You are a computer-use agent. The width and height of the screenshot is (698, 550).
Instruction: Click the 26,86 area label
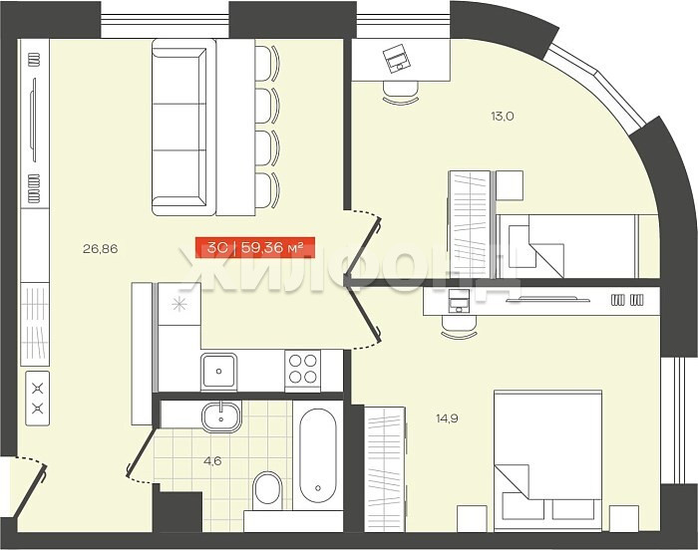click(x=100, y=249)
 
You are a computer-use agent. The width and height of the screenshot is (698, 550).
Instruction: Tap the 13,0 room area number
click(x=503, y=117)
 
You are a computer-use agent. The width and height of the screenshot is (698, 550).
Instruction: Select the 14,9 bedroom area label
click(x=447, y=418)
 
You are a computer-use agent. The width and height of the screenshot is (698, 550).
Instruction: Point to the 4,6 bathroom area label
click(x=212, y=461)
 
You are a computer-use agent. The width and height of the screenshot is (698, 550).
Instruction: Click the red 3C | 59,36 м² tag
click(x=255, y=247)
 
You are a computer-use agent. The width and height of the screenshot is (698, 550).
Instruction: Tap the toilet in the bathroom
click(x=267, y=491)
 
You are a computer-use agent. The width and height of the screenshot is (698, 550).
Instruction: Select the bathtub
click(x=317, y=455)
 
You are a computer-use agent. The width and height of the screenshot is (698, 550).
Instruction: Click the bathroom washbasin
click(x=221, y=416)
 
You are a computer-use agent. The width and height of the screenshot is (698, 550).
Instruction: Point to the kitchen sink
click(x=218, y=371)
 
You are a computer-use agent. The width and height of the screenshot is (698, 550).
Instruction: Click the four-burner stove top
click(x=303, y=369)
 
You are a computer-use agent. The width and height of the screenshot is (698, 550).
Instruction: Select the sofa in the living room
click(x=178, y=128)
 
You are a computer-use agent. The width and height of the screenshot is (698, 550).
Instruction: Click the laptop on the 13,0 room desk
click(x=395, y=58)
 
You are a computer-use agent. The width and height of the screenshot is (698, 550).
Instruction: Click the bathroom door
click(x=142, y=450)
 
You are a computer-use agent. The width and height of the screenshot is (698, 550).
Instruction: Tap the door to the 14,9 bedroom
click(x=364, y=312)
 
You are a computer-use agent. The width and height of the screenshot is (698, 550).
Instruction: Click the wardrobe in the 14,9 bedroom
click(x=385, y=469)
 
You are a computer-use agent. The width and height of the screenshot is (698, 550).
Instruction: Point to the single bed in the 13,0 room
click(x=577, y=246)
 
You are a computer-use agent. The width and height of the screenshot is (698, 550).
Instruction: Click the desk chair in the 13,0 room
click(x=401, y=93)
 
